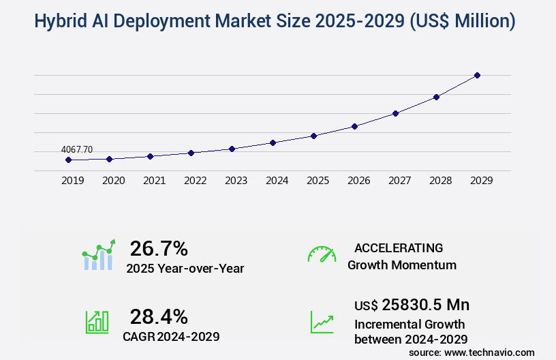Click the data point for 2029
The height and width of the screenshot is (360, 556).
click(x=477, y=75)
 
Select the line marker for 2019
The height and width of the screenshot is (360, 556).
click(x=68, y=160)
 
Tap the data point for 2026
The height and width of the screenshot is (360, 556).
click(x=354, y=126)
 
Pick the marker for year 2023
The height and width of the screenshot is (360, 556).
click(x=232, y=149)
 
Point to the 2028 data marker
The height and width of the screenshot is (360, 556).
click(x=436, y=97)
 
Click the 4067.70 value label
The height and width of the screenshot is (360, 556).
click(x=76, y=149)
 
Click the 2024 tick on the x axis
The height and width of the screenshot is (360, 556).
click(x=277, y=181)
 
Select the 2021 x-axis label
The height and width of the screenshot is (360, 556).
click(x=154, y=181)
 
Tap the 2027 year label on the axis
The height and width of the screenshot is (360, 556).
click(x=399, y=181)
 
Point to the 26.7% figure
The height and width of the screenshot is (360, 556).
click(x=159, y=248)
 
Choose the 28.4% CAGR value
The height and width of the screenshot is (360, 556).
click(x=159, y=316)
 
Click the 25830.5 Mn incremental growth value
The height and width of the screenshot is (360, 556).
click(x=412, y=304)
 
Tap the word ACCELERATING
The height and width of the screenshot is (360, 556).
click(x=399, y=248)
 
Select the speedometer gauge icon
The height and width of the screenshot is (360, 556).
click(x=322, y=254)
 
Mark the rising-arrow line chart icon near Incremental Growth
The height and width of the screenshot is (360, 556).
click(x=322, y=322)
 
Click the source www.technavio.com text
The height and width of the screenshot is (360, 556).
click(x=472, y=352)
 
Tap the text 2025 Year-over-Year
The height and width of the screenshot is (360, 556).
click(x=185, y=269)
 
